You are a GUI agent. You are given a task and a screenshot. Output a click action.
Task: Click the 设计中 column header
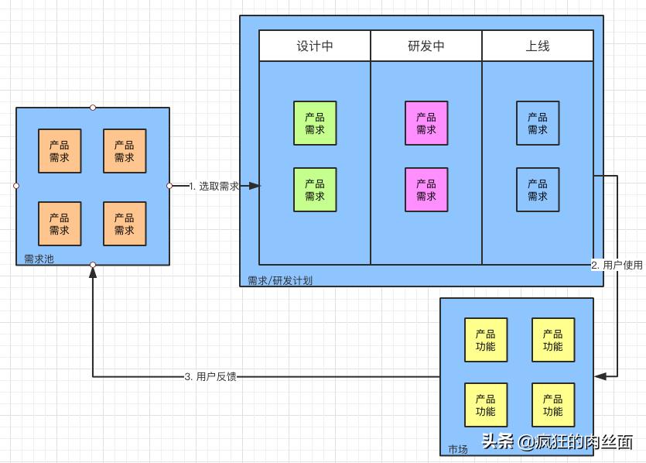pyautogui.click(x=315, y=46)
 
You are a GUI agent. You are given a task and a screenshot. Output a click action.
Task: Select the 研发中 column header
pyautogui.click(x=426, y=46)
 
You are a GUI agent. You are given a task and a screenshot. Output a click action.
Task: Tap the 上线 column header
pyautogui.click(x=538, y=46)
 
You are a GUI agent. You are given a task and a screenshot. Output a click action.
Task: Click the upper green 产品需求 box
pyautogui.click(x=315, y=123)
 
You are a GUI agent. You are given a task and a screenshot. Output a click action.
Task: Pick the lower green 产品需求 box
pyautogui.click(x=315, y=190)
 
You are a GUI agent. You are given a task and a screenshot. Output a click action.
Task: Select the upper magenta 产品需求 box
pyautogui.click(x=426, y=123)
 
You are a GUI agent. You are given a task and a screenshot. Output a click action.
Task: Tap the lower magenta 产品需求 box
pyautogui.click(x=426, y=190)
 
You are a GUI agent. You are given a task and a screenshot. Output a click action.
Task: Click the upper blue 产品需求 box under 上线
pyautogui.click(x=538, y=123)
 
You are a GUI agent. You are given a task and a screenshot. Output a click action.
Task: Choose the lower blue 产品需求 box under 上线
pyautogui.click(x=538, y=190)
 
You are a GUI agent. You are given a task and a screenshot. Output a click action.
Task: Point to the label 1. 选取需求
pyautogui.click(x=214, y=186)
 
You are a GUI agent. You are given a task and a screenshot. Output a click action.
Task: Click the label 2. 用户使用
pyautogui.click(x=617, y=265)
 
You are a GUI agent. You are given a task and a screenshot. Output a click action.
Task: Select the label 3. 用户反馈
pyautogui.click(x=210, y=377)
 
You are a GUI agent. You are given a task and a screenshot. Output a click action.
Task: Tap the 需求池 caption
pyautogui.click(x=39, y=259)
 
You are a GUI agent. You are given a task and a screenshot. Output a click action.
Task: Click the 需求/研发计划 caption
pyautogui.click(x=280, y=280)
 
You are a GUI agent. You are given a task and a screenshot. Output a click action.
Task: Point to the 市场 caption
pyautogui.click(x=458, y=449)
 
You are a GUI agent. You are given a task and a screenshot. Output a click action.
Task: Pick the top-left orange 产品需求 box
pyautogui.click(x=60, y=151)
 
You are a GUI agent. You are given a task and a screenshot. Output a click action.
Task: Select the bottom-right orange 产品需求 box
pyautogui.click(x=125, y=224)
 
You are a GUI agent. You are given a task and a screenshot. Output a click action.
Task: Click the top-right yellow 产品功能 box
pyautogui.click(x=553, y=340)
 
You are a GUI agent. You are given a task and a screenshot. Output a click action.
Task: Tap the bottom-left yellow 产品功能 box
pyautogui.click(x=486, y=405)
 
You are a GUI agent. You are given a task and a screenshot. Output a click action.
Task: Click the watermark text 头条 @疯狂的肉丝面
pyautogui.click(x=557, y=441)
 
